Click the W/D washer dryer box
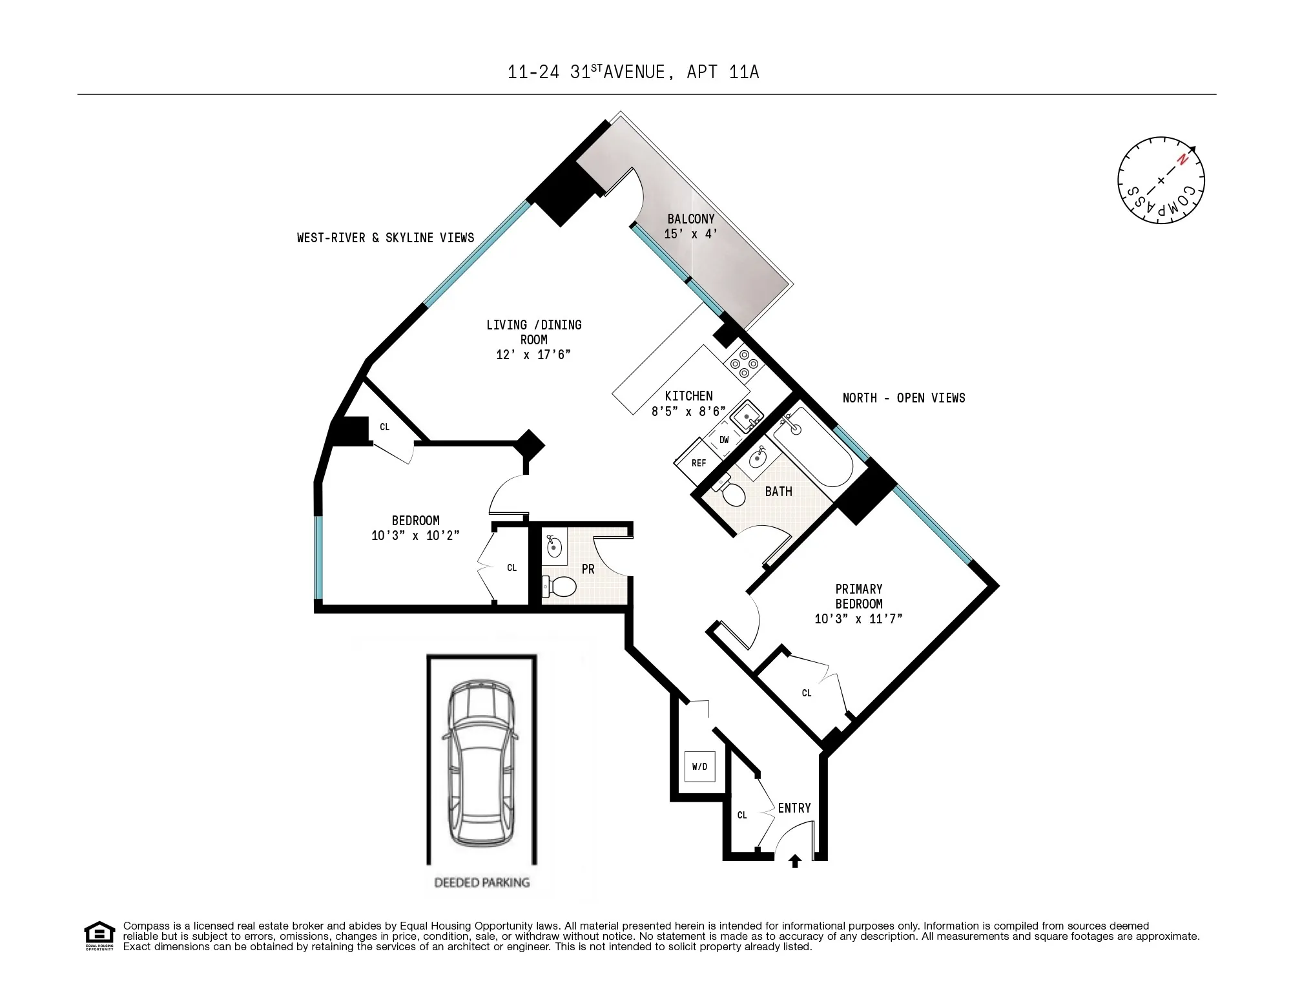coord(699,767)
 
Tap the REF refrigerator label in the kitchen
coord(698,463)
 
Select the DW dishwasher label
coord(724,440)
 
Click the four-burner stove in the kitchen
coord(744,364)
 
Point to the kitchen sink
coord(748,416)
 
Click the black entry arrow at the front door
coord(795,861)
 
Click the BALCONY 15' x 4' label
coord(691,226)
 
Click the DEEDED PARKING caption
coord(482,882)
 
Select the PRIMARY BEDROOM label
coord(858,596)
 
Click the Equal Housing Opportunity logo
coord(99,935)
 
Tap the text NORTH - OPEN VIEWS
coord(904,398)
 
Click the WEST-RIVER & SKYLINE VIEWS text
coord(386,238)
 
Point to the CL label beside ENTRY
coord(742,815)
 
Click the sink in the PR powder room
coord(554,546)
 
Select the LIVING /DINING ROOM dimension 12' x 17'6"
coord(533,355)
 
